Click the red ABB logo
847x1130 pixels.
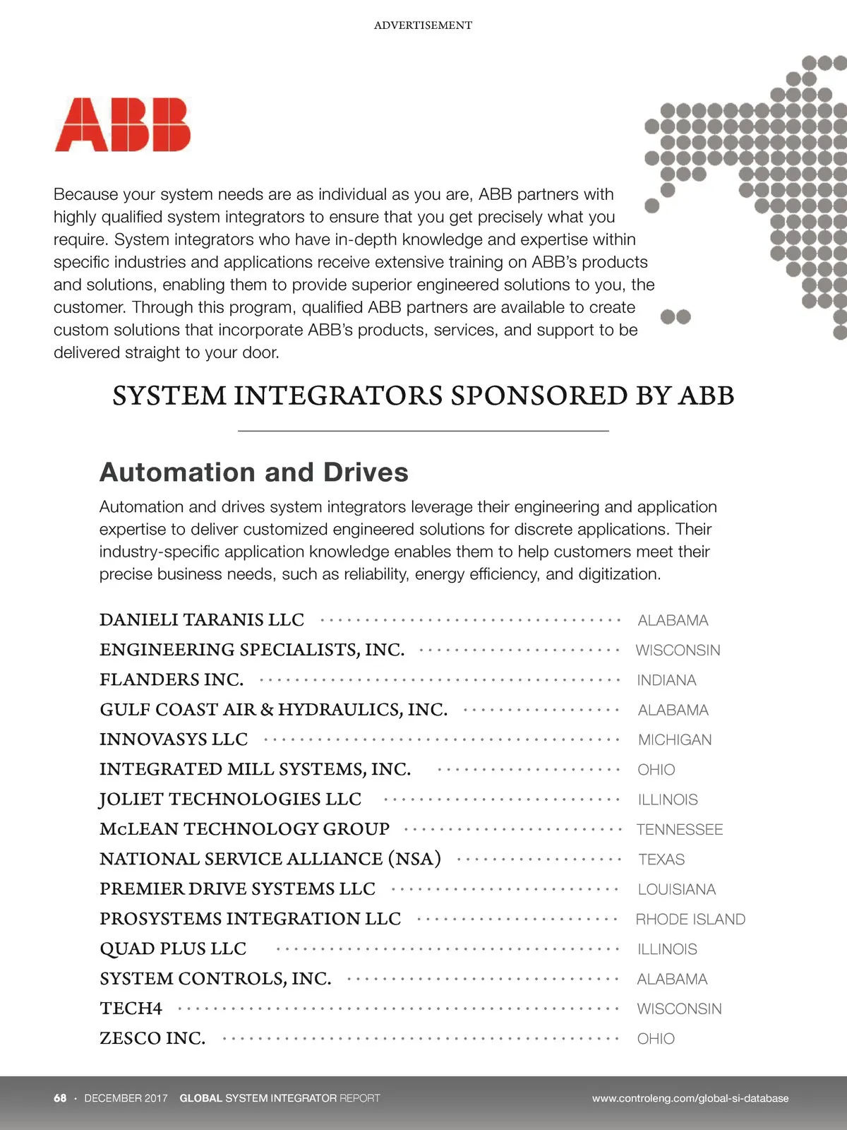pos(123,125)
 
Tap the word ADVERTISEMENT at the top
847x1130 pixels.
pos(423,25)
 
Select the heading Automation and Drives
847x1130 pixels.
pos(254,472)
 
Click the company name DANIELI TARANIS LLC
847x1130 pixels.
pos(202,619)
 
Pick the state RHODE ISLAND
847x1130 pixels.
pos(690,919)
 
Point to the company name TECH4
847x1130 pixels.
pos(131,1008)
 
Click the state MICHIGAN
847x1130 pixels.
pos(675,739)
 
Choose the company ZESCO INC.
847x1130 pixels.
pos(152,1038)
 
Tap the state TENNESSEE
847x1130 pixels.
pos(680,829)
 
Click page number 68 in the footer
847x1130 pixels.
pos(60,1098)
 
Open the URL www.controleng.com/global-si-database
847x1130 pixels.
pos(690,1098)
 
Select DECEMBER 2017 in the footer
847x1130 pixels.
pos(126,1098)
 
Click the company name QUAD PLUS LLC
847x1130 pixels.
pos(173,948)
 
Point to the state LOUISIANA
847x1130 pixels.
pos(677,889)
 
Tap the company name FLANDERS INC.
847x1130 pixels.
pos(172,679)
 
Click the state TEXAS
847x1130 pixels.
pos(661,860)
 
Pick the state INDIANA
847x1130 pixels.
pos(666,680)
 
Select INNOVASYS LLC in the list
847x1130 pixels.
pos(174,739)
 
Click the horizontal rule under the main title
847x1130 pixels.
pos(423,430)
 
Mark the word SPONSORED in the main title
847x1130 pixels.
pos(539,395)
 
